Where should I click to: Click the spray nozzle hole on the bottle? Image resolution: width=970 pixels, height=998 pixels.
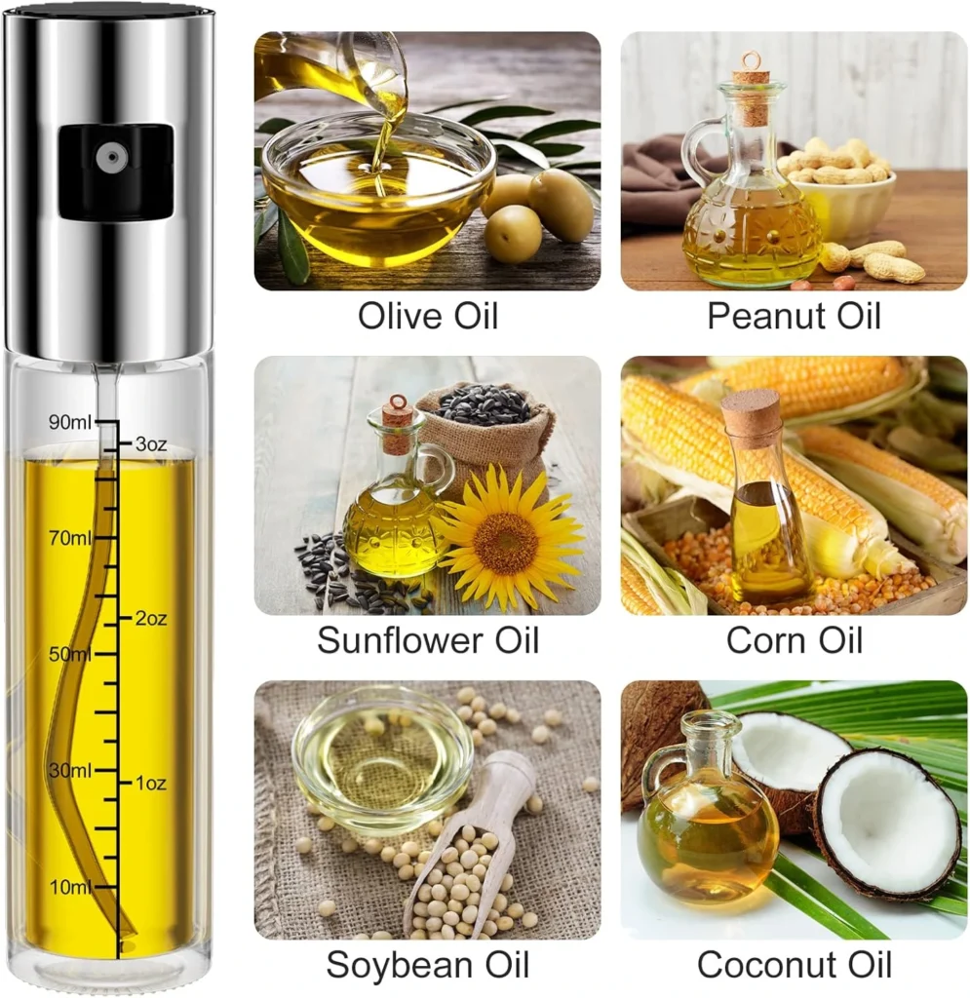tap(112, 157)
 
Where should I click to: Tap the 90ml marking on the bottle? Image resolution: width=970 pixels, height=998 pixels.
tap(70, 422)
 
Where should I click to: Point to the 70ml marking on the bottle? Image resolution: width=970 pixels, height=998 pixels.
tap(70, 538)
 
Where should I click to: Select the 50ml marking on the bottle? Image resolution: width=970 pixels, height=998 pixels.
tap(70, 654)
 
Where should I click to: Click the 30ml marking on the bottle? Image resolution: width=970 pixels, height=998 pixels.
tap(70, 770)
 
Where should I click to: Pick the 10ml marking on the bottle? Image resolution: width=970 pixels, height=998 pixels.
tap(70, 887)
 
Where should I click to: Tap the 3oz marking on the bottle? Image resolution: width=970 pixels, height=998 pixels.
tap(151, 443)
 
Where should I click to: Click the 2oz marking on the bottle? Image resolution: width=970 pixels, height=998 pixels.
tap(151, 618)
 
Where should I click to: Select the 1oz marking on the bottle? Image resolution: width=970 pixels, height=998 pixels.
tap(151, 783)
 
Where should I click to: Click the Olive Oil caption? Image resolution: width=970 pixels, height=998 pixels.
tap(428, 316)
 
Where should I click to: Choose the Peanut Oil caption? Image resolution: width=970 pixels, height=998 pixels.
tap(794, 316)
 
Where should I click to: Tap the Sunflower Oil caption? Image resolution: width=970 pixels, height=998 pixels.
tap(428, 639)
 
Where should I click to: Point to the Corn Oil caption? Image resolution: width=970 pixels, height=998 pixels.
tap(794, 639)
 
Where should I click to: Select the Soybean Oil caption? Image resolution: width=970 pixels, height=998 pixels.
tap(428, 964)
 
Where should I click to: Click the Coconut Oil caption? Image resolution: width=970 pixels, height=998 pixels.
tap(794, 964)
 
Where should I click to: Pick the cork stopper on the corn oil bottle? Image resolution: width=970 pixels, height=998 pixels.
tap(751, 412)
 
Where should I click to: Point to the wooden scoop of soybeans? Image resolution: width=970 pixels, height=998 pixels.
tap(471, 853)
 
